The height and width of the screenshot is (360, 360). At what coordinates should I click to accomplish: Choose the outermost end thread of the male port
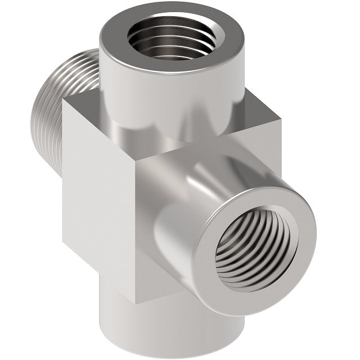(37, 115)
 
